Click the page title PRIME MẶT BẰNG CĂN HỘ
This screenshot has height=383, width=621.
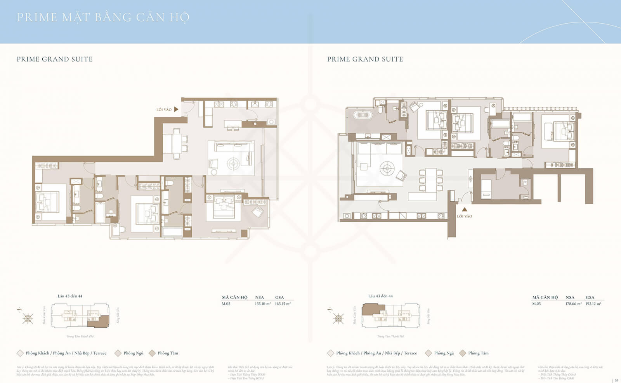click(x=103, y=17)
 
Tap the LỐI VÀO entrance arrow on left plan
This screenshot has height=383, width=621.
click(x=176, y=109)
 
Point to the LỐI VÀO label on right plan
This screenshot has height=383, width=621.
click(x=464, y=216)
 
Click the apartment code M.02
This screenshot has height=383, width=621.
click(x=226, y=304)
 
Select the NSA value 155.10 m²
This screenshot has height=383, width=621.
click(x=263, y=304)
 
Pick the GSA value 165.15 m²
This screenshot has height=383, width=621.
click(x=283, y=304)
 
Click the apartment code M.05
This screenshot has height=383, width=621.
click(x=536, y=304)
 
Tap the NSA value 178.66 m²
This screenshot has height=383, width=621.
click(x=573, y=304)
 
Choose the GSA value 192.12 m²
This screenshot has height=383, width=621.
click(x=593, y=304)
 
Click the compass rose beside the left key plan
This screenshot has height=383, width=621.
click(x=28, y=319)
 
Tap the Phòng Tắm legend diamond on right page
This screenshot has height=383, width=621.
click(x=463, y=353)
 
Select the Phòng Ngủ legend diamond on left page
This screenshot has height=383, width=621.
click(x=118, y=353)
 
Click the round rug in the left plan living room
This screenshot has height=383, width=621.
click(x=233, y=163)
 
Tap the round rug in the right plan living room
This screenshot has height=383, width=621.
click(x=387, y=168)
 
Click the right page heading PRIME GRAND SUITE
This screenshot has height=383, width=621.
click(x=365, y=59)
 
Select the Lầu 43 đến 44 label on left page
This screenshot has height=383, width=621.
click(x=70, y=296)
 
